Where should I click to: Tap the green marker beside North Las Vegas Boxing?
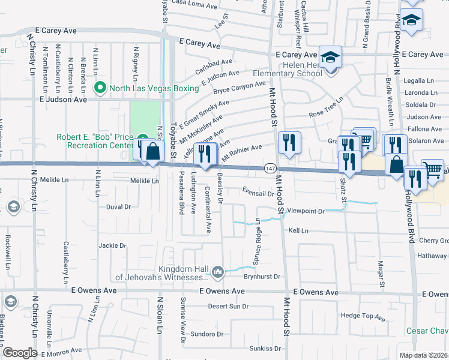pos(101,88)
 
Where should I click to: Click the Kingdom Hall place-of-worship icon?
pos(217,273)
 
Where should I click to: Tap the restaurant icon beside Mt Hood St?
pos(290,143)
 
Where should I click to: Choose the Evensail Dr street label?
pos(258,193)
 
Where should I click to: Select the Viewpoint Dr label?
pos(306,211)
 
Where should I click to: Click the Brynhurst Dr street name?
pos(262,277)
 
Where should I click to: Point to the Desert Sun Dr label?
pos(228,306)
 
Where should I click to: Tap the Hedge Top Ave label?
pos(362,316)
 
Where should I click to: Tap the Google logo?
pos(20,352)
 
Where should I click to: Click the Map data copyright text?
pos(424,355)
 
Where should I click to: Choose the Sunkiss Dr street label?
pos(266,348)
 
